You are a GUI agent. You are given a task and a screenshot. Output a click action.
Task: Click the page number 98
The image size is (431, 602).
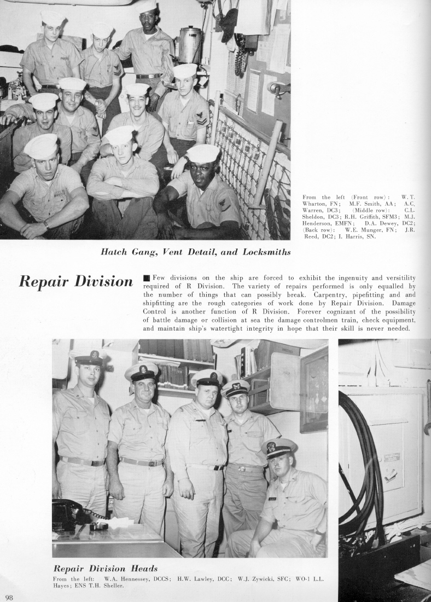(x=9, y=596)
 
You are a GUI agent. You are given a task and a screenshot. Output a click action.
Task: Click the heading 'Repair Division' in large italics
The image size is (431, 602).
(x=75, y=281)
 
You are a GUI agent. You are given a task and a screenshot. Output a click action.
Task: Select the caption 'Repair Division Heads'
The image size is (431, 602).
(x=105, y=568)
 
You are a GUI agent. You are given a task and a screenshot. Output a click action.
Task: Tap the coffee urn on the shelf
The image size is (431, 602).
(x=190, y=45)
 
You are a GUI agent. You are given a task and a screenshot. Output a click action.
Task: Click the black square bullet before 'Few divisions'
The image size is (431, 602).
(x=146, y=279)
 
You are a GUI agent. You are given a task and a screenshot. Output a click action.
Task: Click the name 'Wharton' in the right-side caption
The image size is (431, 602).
(x=316, y=204)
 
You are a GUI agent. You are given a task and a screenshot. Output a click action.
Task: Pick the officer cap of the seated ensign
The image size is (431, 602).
(x=279, y=447)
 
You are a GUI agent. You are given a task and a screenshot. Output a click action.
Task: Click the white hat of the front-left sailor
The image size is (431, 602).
(x=40, y=146)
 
